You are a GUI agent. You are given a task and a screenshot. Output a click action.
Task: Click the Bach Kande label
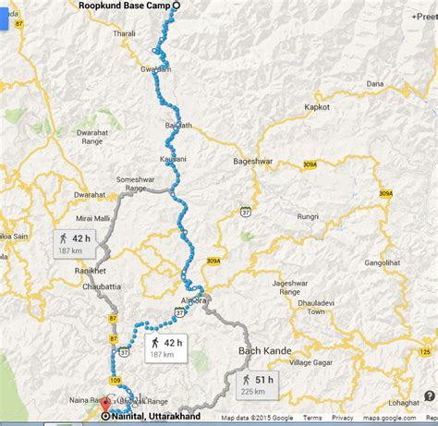point(265,352)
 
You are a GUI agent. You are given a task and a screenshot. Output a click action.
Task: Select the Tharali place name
point(124,33)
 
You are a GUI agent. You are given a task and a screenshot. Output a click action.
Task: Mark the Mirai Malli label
point(68,218)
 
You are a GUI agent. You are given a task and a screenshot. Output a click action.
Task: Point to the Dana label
point(374,84)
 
